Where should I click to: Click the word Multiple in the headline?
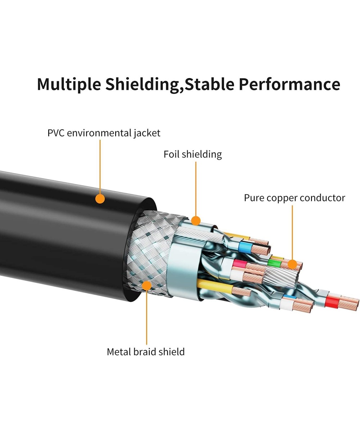69,85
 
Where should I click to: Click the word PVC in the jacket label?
56,133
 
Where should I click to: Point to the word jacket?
147,133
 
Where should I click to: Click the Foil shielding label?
193,154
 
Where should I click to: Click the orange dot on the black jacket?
100,198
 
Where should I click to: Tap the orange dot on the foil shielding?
195,220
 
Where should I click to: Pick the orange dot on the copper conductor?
293,265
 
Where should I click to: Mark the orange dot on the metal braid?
147,286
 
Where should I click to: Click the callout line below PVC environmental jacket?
100,166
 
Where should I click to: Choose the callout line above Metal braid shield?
147,317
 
